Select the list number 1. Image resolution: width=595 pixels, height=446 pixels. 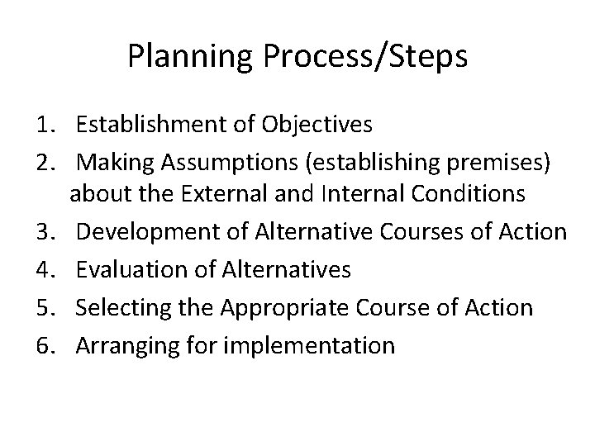[45, 125]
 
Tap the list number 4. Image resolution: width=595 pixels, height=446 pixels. [45, 270]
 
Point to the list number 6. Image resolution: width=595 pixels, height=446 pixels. [45, 344]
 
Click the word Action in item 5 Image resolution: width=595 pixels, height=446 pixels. [502, 307]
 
